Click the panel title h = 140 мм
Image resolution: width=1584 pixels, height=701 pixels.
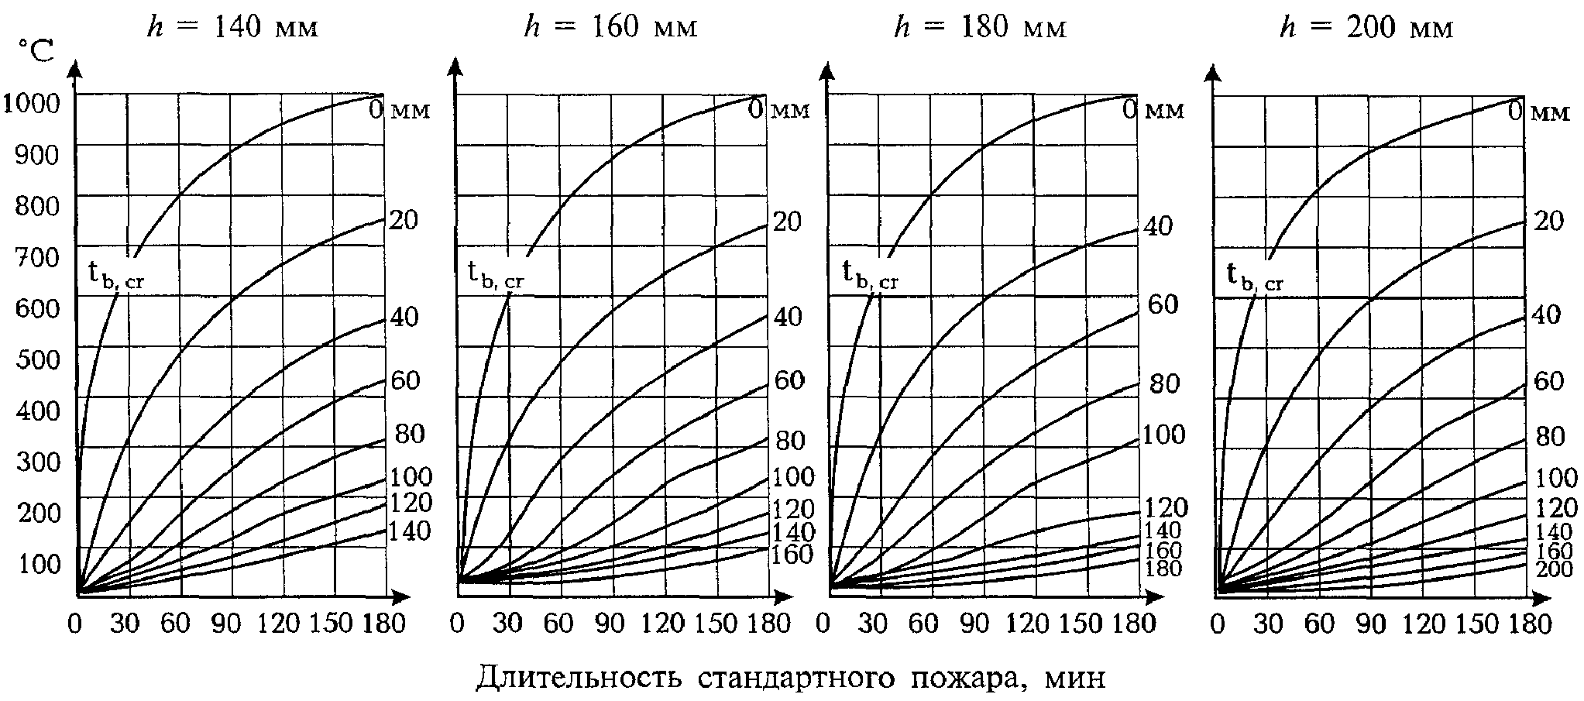click(x=232, y=28)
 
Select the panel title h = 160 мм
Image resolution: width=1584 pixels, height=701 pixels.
click(x=611, y=28)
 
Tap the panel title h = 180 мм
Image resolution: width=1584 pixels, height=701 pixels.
click(x=981, y=28)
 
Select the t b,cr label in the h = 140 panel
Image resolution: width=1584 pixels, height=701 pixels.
click(x=116, y=276)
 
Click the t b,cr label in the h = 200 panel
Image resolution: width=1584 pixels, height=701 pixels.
click(x=1255, y=276)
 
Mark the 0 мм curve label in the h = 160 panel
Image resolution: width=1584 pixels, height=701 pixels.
click(x=778, y=109)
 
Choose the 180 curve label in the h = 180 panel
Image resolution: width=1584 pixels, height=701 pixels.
click(x=1163, y=569)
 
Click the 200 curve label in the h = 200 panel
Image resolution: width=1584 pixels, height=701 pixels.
click(x=1553, y=569)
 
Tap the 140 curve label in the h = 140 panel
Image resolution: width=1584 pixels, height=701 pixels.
click(x=410, y=531)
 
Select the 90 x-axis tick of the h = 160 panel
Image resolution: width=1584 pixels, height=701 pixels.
click(x=611, y=624)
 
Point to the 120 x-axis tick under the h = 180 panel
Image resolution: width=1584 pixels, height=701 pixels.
click(x=1030, y=624)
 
